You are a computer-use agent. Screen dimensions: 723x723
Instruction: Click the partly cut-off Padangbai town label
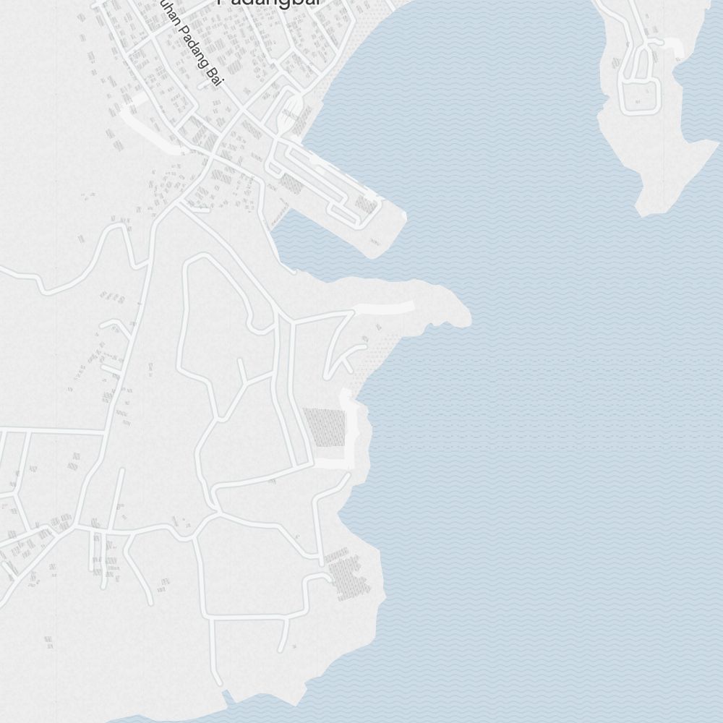[x=269, y=3]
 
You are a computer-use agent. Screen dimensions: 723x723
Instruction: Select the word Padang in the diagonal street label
[x=194, y=48]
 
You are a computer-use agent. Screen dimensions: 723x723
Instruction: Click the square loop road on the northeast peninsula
[x=639, y=96]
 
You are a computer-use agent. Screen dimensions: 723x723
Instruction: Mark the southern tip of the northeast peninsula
[x=647, y=210]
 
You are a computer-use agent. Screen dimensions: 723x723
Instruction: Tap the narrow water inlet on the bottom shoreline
[x=230, y=698]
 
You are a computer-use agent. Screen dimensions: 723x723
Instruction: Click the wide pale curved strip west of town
[x=148, y=134]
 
